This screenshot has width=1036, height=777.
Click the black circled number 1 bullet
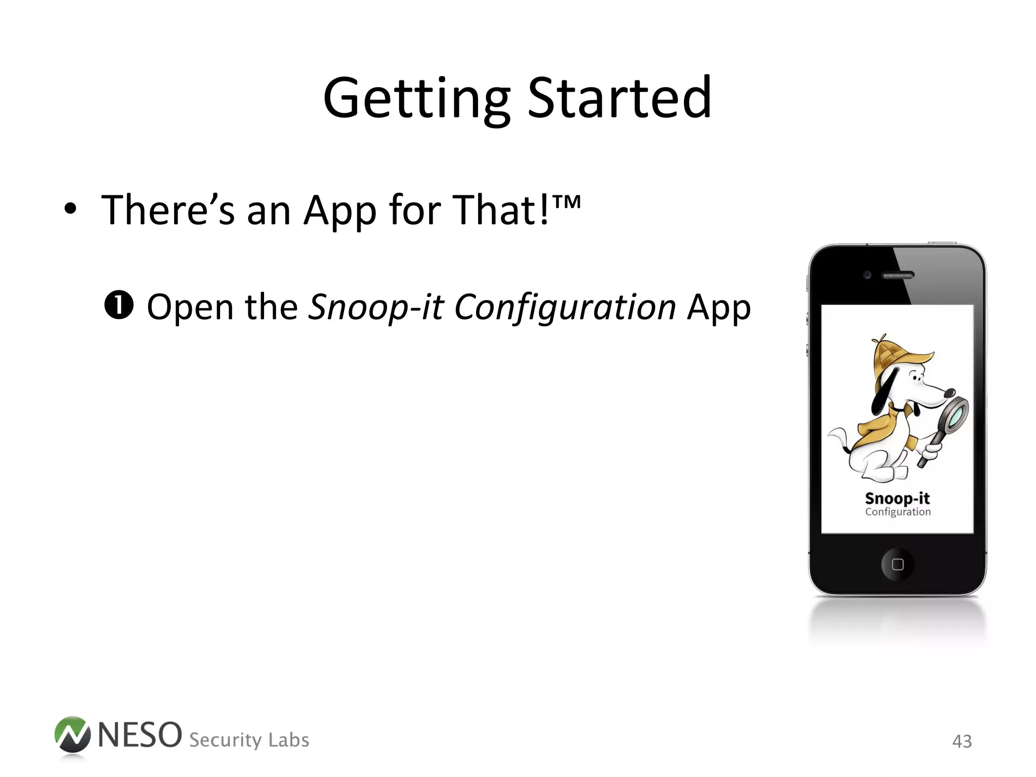[x=119, y=305]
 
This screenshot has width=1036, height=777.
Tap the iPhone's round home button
[x=897, y=564]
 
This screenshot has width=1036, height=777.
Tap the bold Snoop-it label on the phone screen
[x=897, y=498]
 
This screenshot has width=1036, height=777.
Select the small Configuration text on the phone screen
[x=897, y=512]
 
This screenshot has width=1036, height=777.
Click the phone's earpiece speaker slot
[x=898, y=276]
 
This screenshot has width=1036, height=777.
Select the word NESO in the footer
[x=140, y=735]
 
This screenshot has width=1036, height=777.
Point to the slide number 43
[x=962, y=742]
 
